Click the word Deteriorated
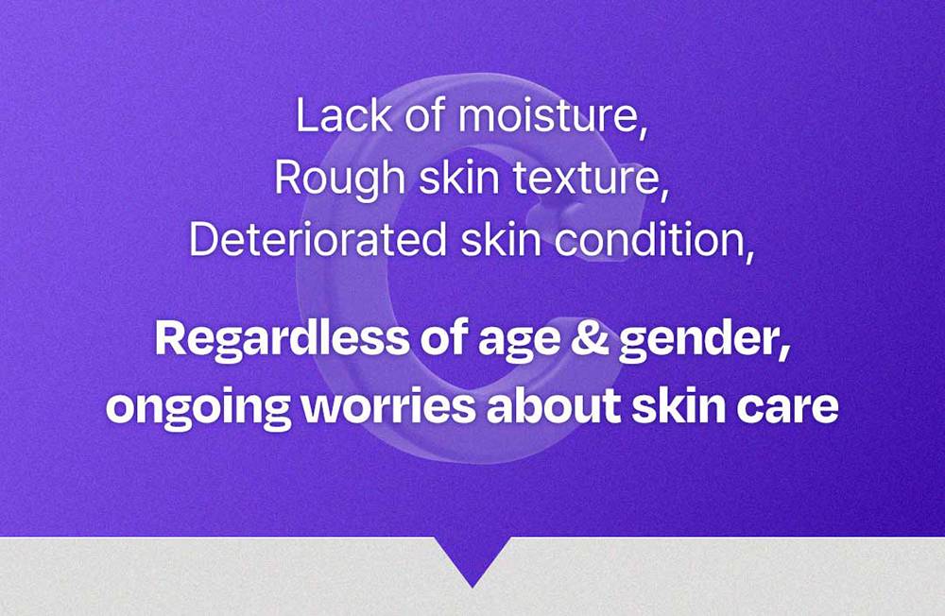(318, 239)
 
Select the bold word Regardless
(282, 339)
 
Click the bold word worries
(388, 406)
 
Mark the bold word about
(554, 405)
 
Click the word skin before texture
(459, 178)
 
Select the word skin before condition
(500, 239)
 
